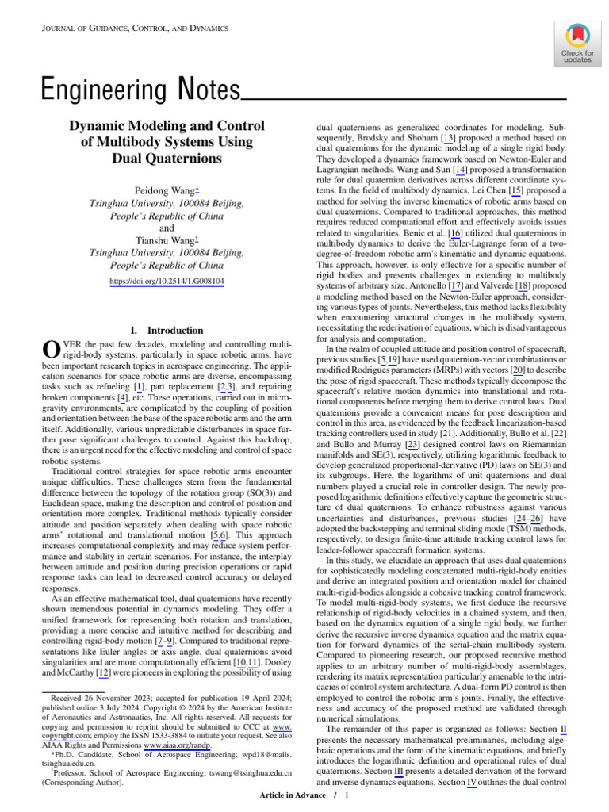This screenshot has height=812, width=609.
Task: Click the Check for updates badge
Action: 576,44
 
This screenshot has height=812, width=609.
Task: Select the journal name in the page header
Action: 134,29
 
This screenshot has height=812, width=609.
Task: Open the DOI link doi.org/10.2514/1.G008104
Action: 167,281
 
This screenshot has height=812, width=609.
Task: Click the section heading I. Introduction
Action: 166,330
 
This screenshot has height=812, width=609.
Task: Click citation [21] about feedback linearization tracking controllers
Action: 447,435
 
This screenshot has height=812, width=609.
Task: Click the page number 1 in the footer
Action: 347,795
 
